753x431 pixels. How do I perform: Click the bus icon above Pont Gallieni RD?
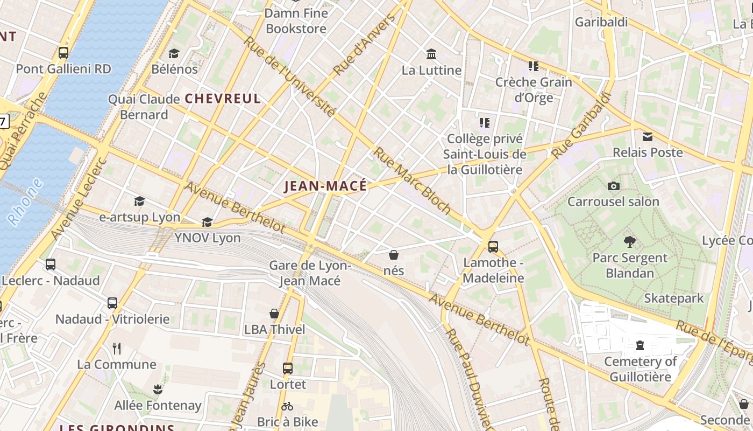click(x=63, y=53)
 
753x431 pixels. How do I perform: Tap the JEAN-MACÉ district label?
click(x=325, y=186)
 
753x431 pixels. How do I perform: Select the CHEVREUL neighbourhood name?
click(x=223, y=99)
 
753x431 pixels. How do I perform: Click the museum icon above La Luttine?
click(x=431, y=54)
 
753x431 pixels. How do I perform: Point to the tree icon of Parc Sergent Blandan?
click(x=629, y=242)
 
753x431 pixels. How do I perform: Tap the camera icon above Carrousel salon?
click(x=613, y=186)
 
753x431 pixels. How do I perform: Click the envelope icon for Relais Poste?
click(x=648, y=137)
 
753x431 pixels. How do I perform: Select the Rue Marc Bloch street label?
click(x=412, y=180)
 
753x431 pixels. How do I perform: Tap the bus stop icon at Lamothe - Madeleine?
click(x=493, y=247)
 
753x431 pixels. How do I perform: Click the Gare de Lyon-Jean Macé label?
click(x=310, y=273)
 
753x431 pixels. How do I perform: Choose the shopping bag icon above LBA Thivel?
click(x=274, y=314)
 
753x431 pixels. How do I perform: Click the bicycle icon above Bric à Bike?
click(x=287, y=406)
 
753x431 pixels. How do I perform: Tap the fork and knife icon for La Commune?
click(x=117, y=349)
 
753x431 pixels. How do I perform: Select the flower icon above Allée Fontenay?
click(x=158, y=389)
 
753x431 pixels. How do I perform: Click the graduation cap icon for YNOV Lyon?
click(x=207, y=222)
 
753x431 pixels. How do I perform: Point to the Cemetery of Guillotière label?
click(x=640, y=369)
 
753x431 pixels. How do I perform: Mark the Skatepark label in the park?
click(x=673, y=298)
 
